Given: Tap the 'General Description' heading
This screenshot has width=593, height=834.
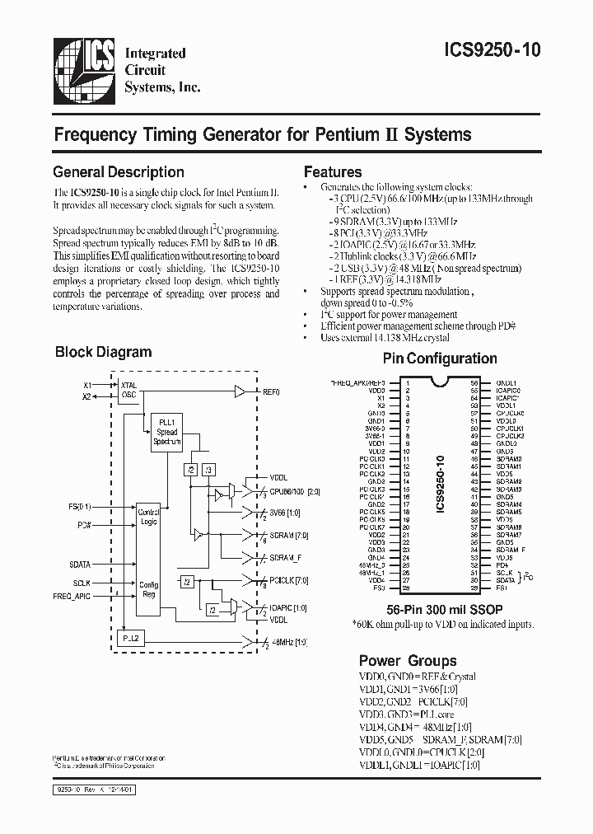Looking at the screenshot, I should click(x=119, y=172).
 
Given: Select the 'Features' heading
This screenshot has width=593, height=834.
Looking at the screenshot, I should click(x=333, y=172).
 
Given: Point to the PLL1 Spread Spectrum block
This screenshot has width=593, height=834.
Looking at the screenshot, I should click(x=166, y=433).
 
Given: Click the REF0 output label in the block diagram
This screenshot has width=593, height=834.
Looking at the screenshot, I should click(x=271, y=391).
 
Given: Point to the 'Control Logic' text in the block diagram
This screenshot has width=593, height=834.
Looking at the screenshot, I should click(x=148, y=517).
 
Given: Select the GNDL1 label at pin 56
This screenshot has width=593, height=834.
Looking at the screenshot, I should click(x=506, y=383).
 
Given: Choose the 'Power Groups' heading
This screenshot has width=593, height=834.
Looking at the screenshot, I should click(x=408, y=661).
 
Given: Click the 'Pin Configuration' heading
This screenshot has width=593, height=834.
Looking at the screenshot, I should click(x=440, y=358).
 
